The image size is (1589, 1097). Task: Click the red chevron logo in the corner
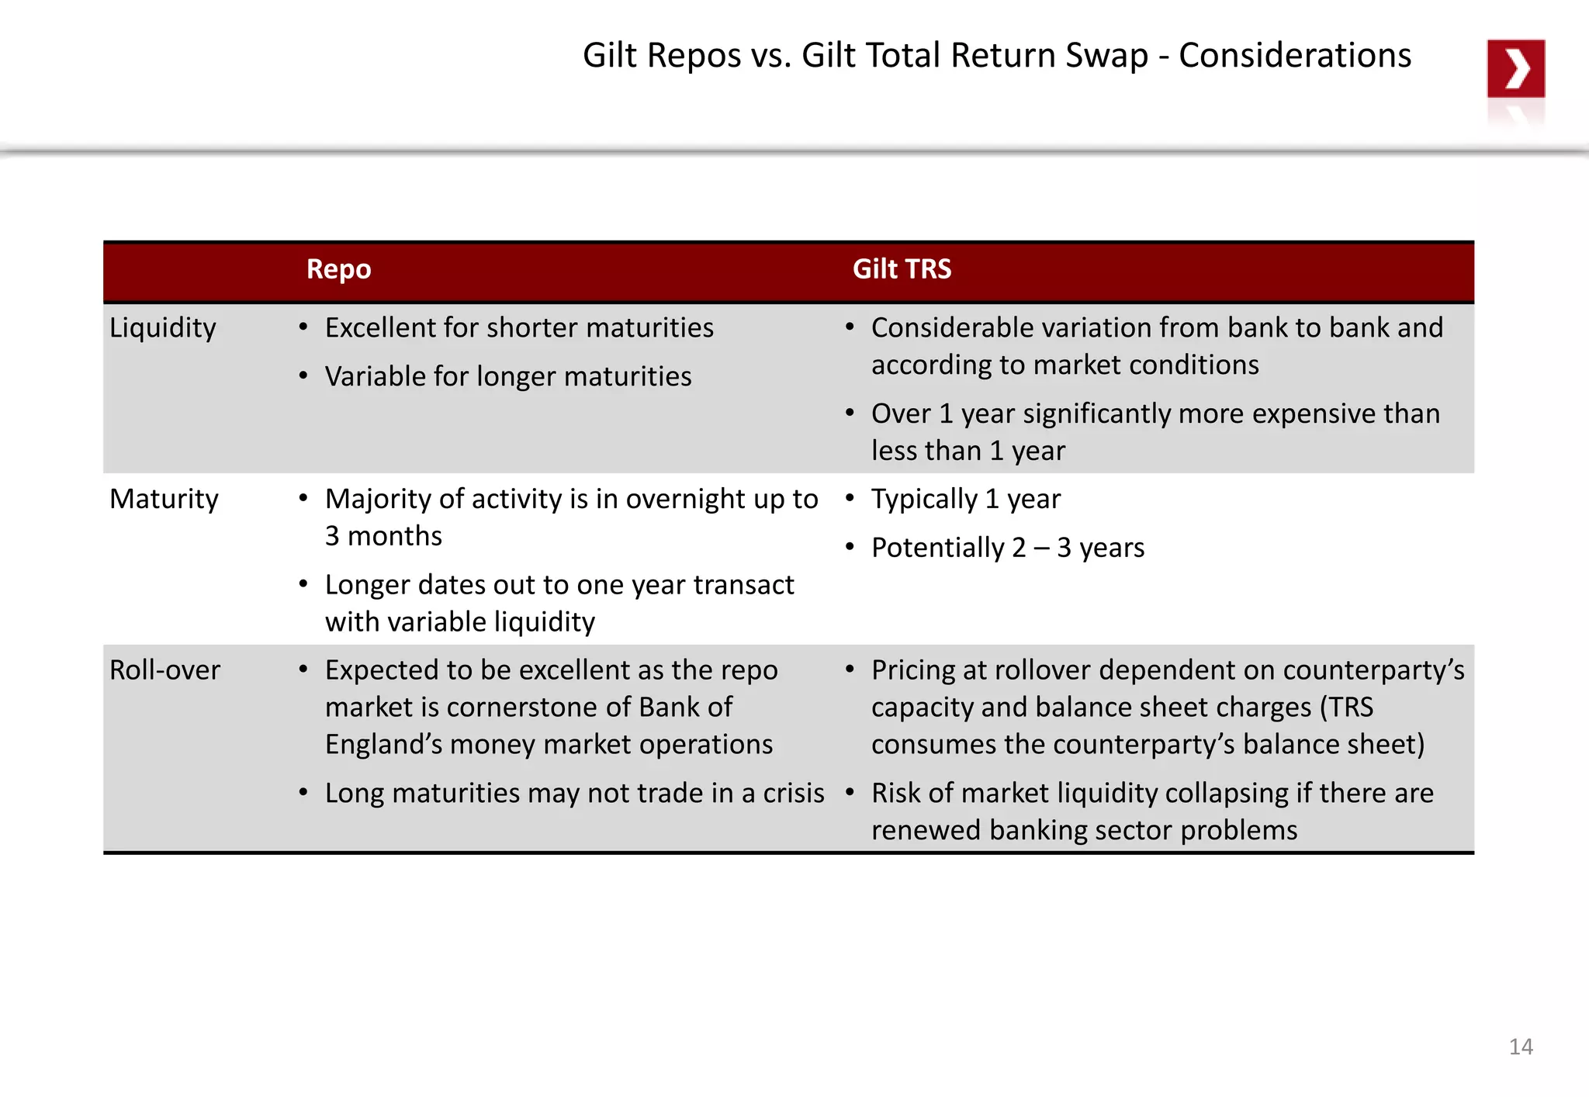coord(1515,68)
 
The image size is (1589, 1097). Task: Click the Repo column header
coord(338,269)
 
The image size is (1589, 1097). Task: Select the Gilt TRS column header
coord(902,269)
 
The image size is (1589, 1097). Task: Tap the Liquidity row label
coord(163,328)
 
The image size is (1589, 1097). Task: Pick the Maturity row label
coord(164,499)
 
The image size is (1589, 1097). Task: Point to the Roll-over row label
coord(164,670)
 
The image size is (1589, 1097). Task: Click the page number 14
coord(1521,1047)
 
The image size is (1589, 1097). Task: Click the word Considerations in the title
coord(1294,56)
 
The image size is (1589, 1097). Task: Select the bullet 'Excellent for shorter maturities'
coord(518,328)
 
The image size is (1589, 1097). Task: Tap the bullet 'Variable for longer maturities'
coord(507,377)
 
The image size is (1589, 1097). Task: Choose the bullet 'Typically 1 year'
coord(965,499)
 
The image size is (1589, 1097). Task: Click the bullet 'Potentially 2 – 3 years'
coord(1007,548)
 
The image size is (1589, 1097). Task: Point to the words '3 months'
coord(383,536)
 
